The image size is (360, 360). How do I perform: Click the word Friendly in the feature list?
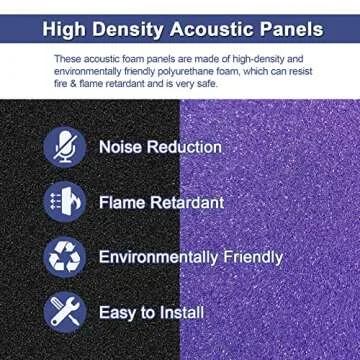tap(254, 257)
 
